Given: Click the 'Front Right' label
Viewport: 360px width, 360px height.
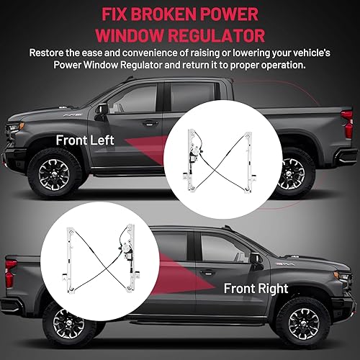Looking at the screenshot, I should pyautogui.click(x=256, y=289).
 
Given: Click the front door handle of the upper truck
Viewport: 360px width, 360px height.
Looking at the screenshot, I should pyautogui.click(x=149, y=123).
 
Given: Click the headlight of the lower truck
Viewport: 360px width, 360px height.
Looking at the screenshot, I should pyautogui.click(x=343, y=277).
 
